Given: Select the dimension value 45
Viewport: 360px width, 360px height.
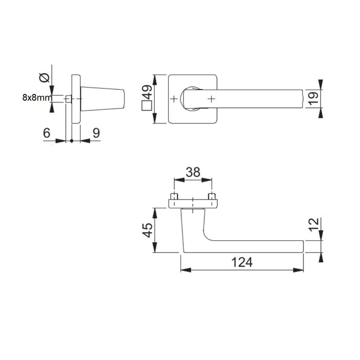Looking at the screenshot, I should click(148, 230).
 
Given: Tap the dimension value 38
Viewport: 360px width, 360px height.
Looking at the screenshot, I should click(193, 172).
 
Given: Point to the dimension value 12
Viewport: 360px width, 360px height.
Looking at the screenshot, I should click(315, 225).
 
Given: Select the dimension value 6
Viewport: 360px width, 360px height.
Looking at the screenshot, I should click(47, 132).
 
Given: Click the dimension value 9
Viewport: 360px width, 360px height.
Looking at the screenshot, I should click(96, 132).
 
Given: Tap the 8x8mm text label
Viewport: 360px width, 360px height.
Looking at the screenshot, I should click(36, 97).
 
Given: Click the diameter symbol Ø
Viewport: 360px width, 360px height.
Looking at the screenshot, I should click(44, 78).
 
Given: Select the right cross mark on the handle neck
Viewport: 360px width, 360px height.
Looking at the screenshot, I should click(211, 98).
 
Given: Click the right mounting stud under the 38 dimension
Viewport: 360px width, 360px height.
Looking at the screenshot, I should click(211, 197).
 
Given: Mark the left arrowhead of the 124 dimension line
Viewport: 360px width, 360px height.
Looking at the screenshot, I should click(184, 269).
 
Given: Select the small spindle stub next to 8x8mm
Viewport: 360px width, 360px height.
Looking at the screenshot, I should click(67, 98).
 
